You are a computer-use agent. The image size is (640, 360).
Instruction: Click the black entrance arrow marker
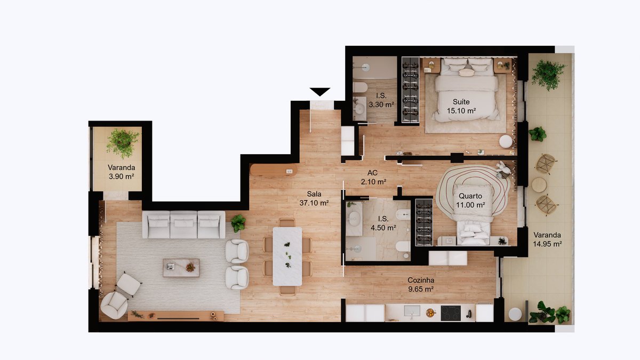click(x=319, y=92)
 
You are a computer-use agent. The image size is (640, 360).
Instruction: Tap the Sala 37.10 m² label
click(x=314, y=198)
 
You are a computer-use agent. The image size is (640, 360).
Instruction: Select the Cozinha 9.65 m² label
click(x=421, y=285)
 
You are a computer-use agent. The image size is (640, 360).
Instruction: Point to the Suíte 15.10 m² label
click(x=461, y=106)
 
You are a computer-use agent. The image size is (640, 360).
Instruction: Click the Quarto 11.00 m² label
click(x=470, y=201)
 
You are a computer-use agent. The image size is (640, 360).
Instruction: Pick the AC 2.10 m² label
click(x=373, y=177)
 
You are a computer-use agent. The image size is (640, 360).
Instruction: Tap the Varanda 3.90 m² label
click(x=121, y=172)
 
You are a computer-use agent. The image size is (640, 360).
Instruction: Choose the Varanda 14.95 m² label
click(x=547, y=239)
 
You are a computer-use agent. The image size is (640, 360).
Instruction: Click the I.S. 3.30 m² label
click(x=381, y=100)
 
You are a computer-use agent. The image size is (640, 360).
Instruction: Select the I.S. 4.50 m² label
click(x=383, y=223)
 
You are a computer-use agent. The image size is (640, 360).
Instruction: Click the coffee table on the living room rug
click(x=181, y=268)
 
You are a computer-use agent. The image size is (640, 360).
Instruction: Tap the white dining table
click(x=287, y=257)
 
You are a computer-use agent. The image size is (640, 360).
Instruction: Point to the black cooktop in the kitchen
click(x=451, y=313)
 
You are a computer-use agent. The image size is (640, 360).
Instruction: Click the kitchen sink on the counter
click(x=412, y=311)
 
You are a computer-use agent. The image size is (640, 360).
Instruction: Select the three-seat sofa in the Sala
click(x=183, y=225)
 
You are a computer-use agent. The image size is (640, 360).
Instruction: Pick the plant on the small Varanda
click(x=122, y=143)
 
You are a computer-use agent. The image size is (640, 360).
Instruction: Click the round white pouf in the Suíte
click(x=506, y=141)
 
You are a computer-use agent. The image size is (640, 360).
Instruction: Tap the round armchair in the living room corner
click(x=114, y=306)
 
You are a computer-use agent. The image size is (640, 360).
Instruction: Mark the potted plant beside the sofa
click(x=238, y=223)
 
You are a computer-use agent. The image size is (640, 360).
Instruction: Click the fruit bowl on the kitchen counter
click(x=430, y=313)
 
